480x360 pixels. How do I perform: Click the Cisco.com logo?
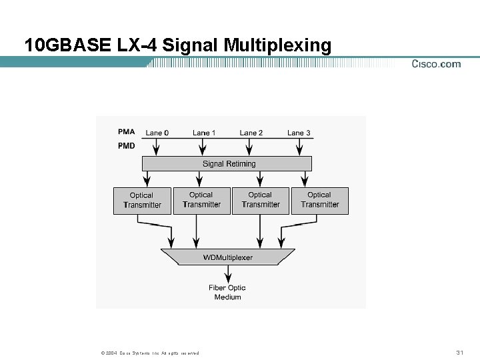click(436, 64)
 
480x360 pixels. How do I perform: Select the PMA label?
click(126, 131)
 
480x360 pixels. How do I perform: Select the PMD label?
click(126, 145)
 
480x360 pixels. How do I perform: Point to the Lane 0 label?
click(157, 133)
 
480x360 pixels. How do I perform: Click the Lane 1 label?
click(204, 133)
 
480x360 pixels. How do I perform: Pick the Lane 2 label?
click(251, 133)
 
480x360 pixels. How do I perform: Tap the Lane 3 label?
click(299, 133)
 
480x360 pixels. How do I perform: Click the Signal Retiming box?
click(227, 163)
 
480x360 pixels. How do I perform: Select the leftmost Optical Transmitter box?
click(141, 200)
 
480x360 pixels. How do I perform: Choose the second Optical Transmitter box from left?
click(201, 200)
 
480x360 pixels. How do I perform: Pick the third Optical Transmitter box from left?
click(260, 200)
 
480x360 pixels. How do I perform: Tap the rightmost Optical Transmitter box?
click(319, 200)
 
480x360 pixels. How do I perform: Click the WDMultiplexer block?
click(227, 257)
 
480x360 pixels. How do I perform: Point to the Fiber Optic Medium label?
click(227, 292)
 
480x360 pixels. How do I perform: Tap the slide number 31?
click(459, 352)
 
